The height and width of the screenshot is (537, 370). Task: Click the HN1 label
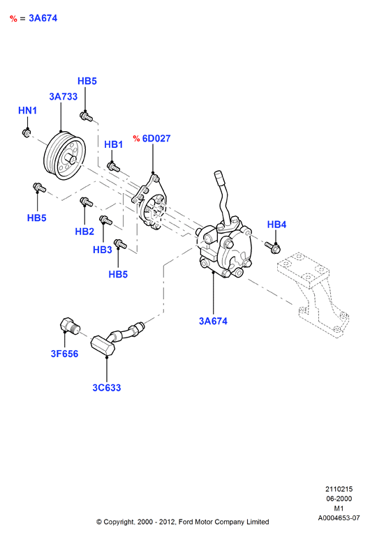[x=27, y=110]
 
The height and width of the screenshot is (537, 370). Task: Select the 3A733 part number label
[x=64, y=96]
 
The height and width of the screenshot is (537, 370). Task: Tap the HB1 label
[x=114, y=144]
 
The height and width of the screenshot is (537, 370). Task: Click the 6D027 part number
[x=156, y=138]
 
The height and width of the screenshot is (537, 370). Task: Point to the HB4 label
[x=276, y=225]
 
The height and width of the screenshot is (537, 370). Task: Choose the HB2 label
[x=84, y=232]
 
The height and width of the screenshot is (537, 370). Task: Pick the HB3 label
[x=103, y=250]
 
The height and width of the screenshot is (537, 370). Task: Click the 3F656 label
[x=64, y=354]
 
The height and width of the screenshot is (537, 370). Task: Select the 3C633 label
[x=107, y=388]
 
